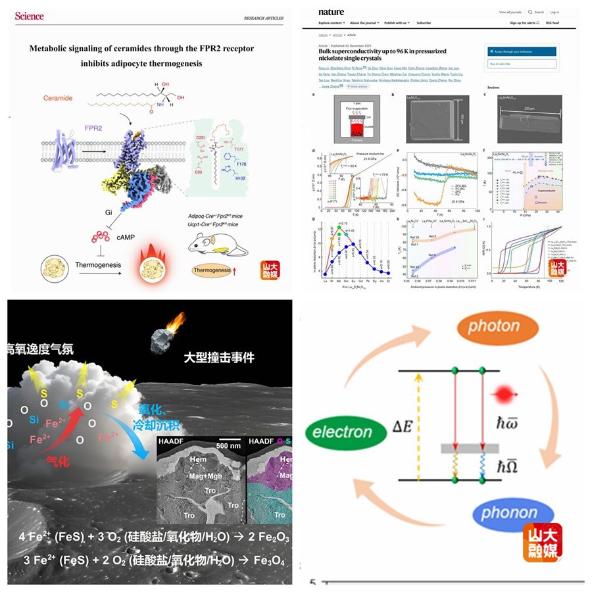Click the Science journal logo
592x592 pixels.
29,15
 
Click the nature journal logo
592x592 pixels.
331,12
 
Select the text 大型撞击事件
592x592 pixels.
219,358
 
